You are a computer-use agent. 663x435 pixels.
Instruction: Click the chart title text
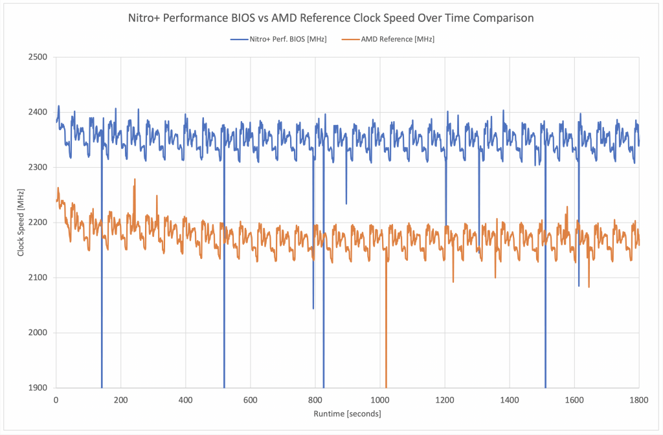click(331, 18)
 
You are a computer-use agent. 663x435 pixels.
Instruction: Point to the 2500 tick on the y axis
click(39, 57)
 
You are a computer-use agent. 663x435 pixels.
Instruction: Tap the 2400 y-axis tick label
click(39, 112)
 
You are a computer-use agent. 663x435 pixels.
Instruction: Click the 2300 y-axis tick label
click(39, 167)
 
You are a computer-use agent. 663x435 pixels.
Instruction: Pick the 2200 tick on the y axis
click(39, 222)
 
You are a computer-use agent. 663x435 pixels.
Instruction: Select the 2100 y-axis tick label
click(39, 278)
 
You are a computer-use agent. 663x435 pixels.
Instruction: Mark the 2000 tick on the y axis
click(39, 333)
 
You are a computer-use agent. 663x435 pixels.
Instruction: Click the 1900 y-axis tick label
click(39, 388)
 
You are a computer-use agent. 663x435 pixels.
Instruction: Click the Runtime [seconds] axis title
click(348, 414)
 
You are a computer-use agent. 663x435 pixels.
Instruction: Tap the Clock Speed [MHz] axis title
click(21, 223)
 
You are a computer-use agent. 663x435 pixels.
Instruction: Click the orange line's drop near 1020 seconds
click(386, 324)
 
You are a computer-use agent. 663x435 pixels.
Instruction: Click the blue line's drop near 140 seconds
click(102, 291)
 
